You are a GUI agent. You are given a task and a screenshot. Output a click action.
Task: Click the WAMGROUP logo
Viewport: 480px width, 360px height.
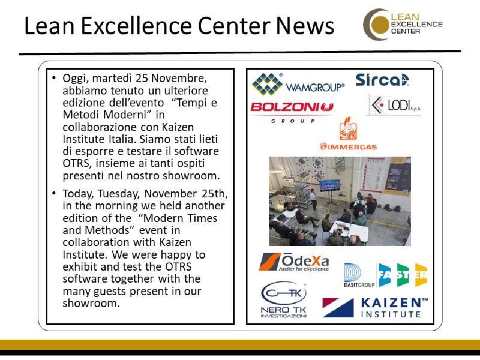tap(298, 85)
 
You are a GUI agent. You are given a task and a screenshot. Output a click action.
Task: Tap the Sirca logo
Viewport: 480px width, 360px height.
tap(382, 80)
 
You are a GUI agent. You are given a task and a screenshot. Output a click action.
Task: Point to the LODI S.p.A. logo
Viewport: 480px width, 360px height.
tap(394, 106)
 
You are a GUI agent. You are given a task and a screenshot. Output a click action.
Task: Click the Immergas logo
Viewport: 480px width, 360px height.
tap(348, 134)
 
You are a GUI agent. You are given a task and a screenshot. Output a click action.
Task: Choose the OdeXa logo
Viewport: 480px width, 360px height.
tap(294, 262)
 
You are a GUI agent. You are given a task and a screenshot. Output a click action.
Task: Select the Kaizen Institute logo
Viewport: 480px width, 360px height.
tap(376, 307)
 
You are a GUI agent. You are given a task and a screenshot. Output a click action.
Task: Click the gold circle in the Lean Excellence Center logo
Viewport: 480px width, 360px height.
tap(379, 25)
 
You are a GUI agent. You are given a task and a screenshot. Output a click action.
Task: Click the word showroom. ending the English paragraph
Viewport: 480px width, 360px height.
tap(91, 304)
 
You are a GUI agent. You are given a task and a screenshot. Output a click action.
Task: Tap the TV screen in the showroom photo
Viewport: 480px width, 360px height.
tap(329, 185)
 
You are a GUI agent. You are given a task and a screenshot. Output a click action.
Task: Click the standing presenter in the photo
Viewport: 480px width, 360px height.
tap(313, 199)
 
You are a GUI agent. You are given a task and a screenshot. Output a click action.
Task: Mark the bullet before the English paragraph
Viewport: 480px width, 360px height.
tap(54, 193)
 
